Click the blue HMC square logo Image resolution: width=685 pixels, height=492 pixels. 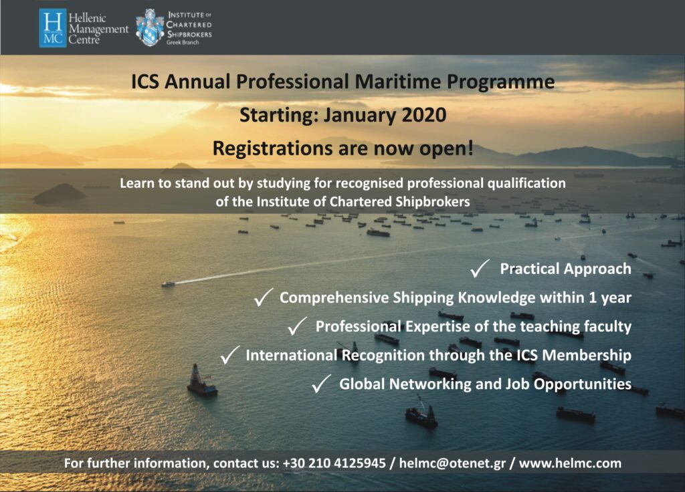(53, 27)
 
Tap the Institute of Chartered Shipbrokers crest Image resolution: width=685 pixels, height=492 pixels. (150, 27)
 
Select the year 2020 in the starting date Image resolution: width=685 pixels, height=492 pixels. (422, 115)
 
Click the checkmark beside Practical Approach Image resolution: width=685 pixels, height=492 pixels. (480, 269)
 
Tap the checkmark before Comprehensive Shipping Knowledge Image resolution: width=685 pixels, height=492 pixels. (262, 298)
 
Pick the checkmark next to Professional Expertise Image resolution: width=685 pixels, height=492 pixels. (296, 327)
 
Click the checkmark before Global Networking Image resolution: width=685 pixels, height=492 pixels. (321, 384)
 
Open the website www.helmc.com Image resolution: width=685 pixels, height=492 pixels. (571, 463)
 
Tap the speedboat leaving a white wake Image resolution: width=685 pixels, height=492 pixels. (168, 284)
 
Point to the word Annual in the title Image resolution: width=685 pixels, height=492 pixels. (193, 83)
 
